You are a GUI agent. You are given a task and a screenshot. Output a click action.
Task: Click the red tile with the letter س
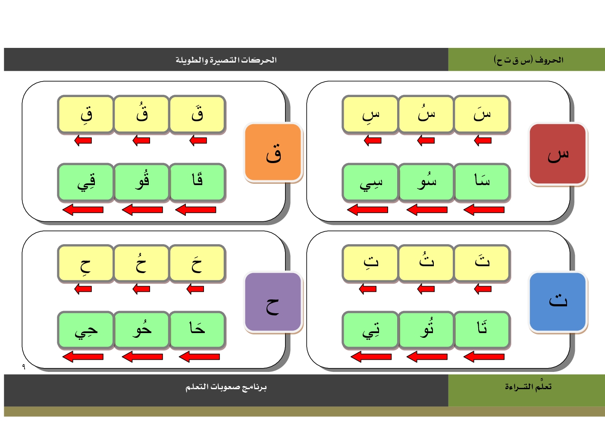(558, 154)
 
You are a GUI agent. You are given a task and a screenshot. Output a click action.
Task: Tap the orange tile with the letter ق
(273, 152)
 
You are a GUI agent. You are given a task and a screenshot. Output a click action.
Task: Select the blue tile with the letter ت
(558, 302)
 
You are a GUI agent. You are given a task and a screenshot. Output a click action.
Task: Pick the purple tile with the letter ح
(273, 302)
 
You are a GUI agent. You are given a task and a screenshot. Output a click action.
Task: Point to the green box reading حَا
(197, 330)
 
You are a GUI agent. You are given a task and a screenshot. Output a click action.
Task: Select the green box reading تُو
(426, 330)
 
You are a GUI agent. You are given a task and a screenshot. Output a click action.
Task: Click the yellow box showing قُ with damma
(141, 114)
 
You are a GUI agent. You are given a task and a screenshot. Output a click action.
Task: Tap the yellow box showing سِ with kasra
(370, 114)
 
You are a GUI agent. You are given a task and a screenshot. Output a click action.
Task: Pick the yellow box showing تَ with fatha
(482, 263)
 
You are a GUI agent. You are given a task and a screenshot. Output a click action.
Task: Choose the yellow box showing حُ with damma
(141, 263)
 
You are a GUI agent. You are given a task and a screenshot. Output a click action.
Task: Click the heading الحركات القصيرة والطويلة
(226, 60)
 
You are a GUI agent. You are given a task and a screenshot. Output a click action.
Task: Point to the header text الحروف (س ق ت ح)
(528, 60)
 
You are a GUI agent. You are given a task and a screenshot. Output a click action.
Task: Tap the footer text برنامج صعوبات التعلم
(226, 387)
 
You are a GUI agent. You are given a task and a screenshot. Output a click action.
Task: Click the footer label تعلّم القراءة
(528, 387)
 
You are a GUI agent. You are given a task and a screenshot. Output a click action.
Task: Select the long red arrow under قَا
(196, 210)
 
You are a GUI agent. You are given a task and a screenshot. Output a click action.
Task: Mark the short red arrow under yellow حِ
(83, 289)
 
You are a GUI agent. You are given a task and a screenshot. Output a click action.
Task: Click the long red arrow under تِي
(371, 357)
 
